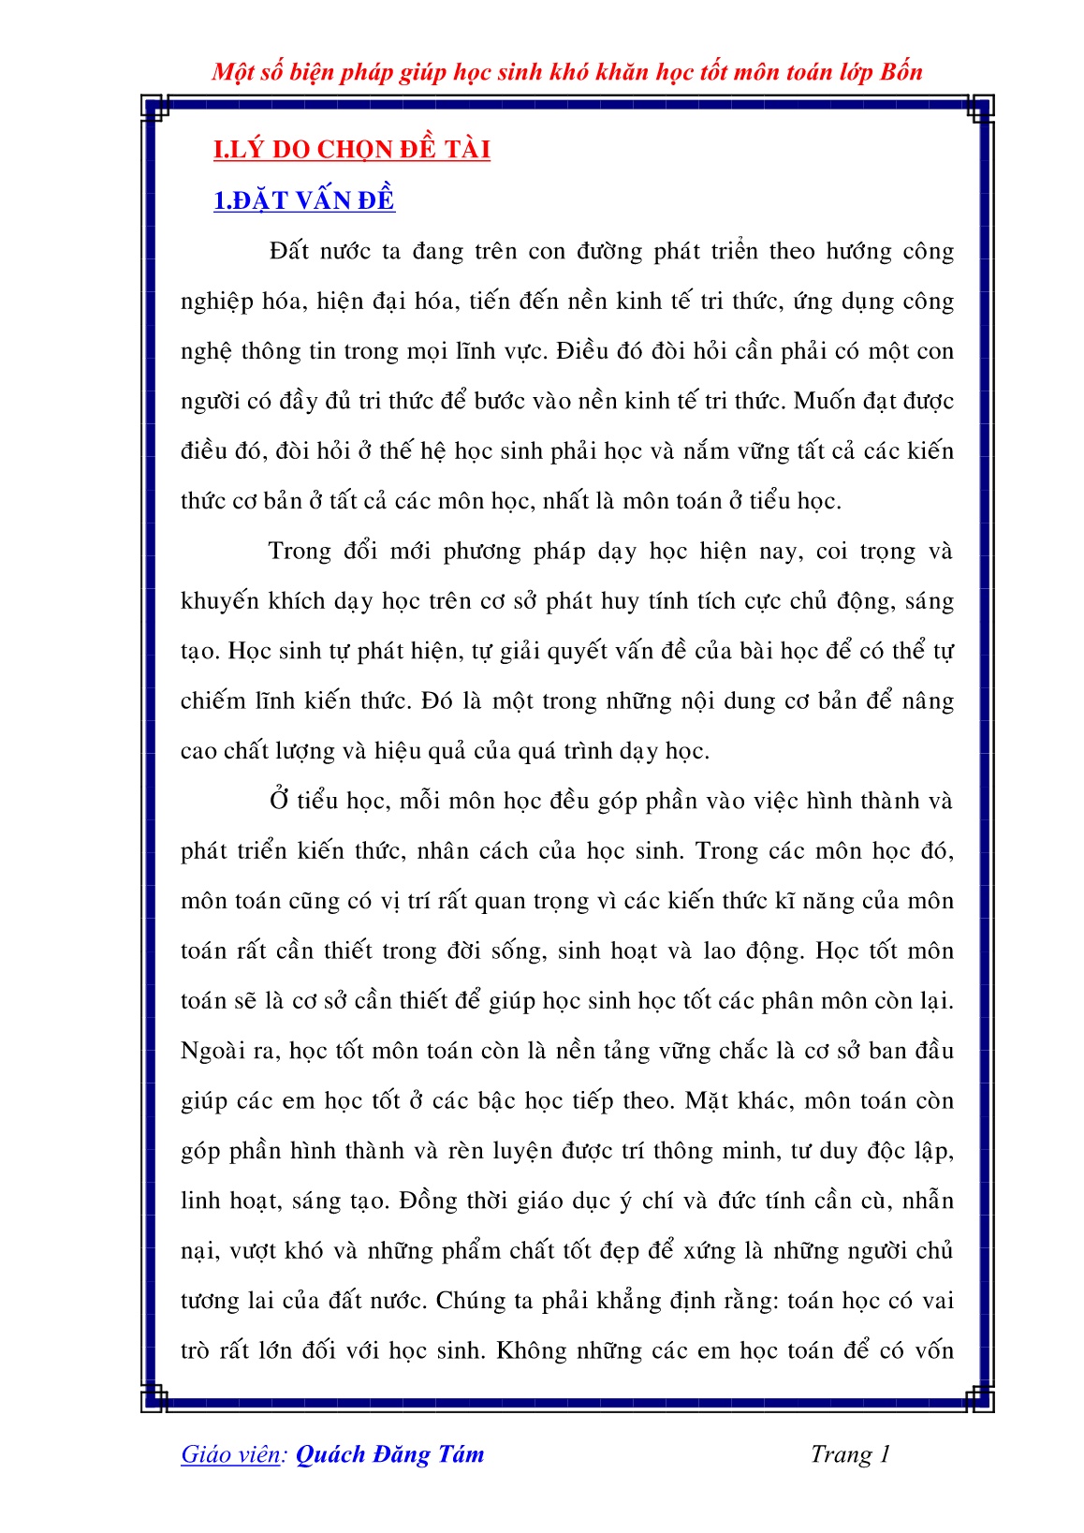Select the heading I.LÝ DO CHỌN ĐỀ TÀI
[352, 150]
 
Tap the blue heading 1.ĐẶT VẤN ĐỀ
[304, 200]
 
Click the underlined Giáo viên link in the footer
[230, 1454]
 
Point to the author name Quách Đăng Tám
[389, 1454]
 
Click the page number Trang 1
[850, 1454]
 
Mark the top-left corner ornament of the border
[154, 109]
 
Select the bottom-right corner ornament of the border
[979, 1398]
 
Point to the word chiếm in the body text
[210, 702]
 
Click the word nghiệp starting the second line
[217, 302]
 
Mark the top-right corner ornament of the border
[979, 109]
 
